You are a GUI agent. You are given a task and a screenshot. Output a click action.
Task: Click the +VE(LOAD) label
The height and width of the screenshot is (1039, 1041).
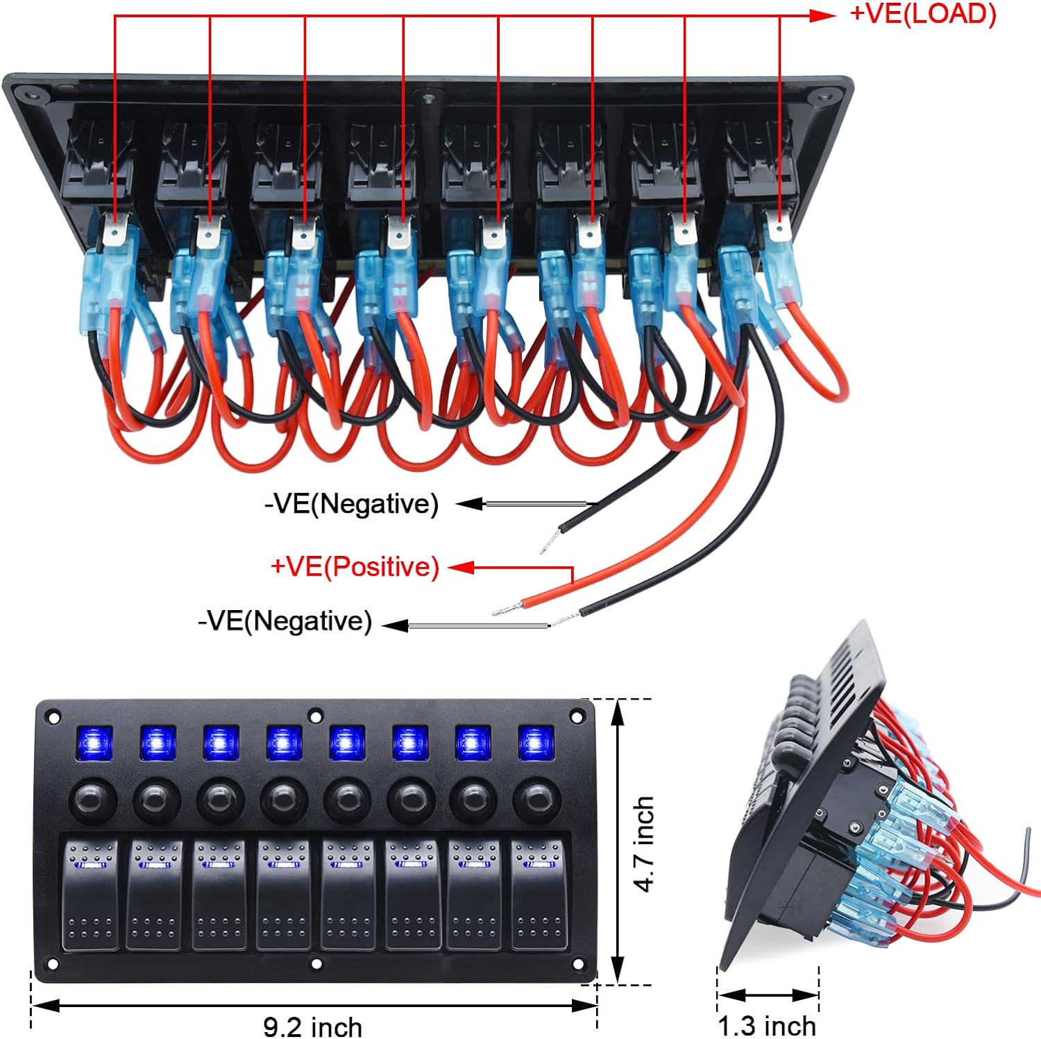tap(923, 14)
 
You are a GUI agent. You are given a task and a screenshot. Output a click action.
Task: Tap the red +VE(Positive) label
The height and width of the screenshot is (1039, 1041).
tap(355, 567)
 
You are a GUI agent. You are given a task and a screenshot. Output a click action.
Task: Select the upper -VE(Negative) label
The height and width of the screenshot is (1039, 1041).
tap(351, 504)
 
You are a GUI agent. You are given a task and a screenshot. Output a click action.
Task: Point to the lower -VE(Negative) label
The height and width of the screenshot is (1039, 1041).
tap(285, 620)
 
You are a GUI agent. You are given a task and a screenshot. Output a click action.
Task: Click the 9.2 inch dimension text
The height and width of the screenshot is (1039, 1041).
tap(312, 1027)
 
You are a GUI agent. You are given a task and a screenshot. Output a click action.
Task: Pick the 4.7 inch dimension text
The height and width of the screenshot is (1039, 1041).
tap(645, 843)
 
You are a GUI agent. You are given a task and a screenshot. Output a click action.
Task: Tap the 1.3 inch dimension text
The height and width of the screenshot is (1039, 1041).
tap(766, 1025)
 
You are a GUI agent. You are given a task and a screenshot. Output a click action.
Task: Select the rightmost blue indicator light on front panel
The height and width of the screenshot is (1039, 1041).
tap(536, 743)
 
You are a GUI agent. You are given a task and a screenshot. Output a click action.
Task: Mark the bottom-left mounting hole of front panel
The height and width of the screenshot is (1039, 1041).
tap(51, 963)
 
